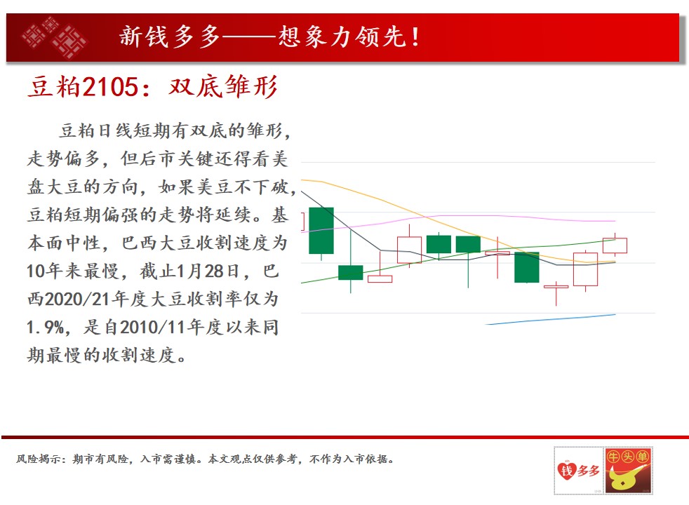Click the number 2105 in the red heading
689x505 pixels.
[110, 86]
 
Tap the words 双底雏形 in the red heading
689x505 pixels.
[223, 86]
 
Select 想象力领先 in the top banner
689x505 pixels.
[342, 36]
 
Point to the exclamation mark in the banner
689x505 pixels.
[415, 37]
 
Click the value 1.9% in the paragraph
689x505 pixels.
[46, 327]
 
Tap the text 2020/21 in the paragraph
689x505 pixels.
[77, 299]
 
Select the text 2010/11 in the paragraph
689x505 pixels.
[152, 327]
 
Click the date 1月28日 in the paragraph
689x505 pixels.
[208, 271]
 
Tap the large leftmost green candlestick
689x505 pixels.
[321, 231]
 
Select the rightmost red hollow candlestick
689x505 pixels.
[615, 245]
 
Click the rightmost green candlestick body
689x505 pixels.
[527, 267]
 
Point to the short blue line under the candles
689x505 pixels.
[551, 319]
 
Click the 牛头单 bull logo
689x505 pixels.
[629, 471]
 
